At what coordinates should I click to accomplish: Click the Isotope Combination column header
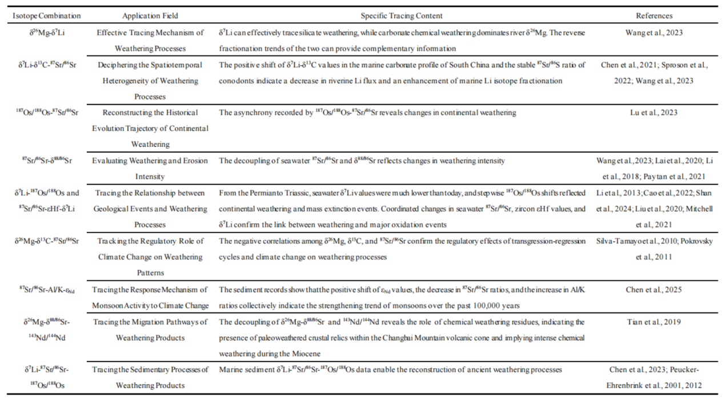(x=47, y=15)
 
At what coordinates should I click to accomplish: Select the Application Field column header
(x=150, y=15)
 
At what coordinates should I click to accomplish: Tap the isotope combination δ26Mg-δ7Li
(x=47, y=33)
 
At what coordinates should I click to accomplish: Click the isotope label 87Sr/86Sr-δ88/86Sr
(x=47, y=160)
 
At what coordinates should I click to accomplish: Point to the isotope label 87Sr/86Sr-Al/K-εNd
(x=47, y=290)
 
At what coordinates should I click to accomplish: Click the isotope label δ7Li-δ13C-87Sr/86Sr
(x=47, y=65)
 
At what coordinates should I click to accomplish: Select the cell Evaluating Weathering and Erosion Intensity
(x=150, y=168)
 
